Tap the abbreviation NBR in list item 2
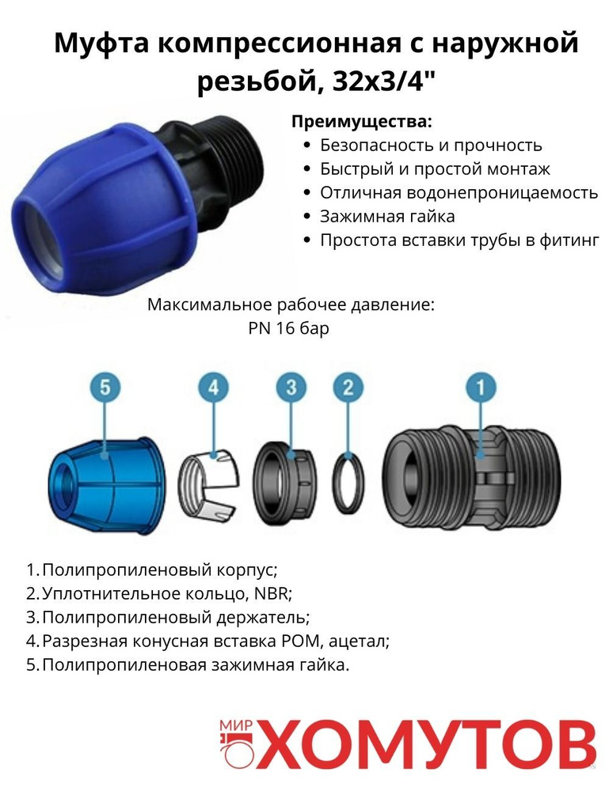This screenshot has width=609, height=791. (x=279, y=593)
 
